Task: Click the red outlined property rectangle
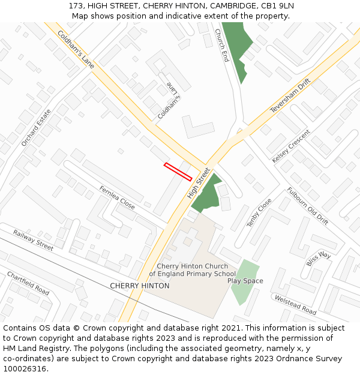(178, 172)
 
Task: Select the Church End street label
(222, 46)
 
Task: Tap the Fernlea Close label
(117, 197)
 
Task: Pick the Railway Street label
(33, 239)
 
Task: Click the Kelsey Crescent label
(291, 146)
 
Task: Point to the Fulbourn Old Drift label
(307, 206)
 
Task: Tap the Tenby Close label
(259, 212)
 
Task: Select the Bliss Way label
(319, 259)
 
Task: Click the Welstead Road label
(295, 305)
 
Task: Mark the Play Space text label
(245, 281)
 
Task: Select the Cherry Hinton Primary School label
(192, 270)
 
